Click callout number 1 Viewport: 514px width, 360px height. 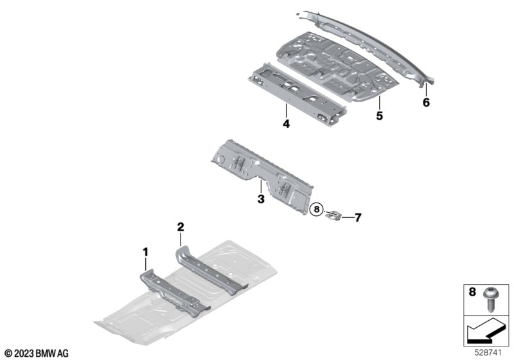pyautogui.click(x=146, y=252)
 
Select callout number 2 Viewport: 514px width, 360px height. pyautogui.click(x=181, y=226)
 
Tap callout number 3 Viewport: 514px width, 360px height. pyautogui.click(x=261, y=199)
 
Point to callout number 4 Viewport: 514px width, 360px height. pyautogui.click(x=286, y=124)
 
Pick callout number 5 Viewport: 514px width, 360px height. pyautogui.click(x=379, y=116)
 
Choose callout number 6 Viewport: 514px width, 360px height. pyautogui.click(x=426, y=103)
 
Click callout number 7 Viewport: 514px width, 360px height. pyautogui.click(x=358, y=217)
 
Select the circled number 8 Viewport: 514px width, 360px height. pyautogui.click(x=317, y=209)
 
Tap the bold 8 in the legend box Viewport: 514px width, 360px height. pyautogui.click(x=472, y=291)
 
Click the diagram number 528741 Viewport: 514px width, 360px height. pyautogui.click(x=488, y=353)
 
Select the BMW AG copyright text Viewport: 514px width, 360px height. pyautogui.click(x=37, y=354)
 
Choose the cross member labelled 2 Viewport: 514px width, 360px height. pyautogui.click(x=210, y=270)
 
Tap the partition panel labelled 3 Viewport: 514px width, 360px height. pyautogui.click(x=262, y=175)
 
